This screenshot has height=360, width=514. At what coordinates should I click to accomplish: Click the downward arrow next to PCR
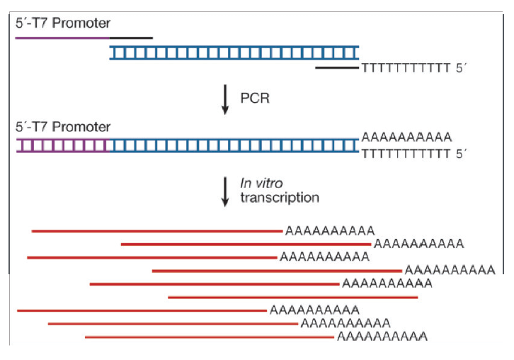[x=225, y=99]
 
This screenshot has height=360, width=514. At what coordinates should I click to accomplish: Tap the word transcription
[x=279, y=198]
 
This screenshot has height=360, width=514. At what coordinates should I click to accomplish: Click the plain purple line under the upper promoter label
[x=62, y=37]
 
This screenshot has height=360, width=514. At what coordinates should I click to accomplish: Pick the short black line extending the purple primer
[x=131, y=37]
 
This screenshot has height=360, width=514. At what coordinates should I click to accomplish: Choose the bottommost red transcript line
[x=209, y=337]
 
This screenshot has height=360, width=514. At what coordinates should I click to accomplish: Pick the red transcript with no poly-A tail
[x=292, y=297]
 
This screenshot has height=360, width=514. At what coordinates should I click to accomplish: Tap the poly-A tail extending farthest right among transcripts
[x=450, y=270]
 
